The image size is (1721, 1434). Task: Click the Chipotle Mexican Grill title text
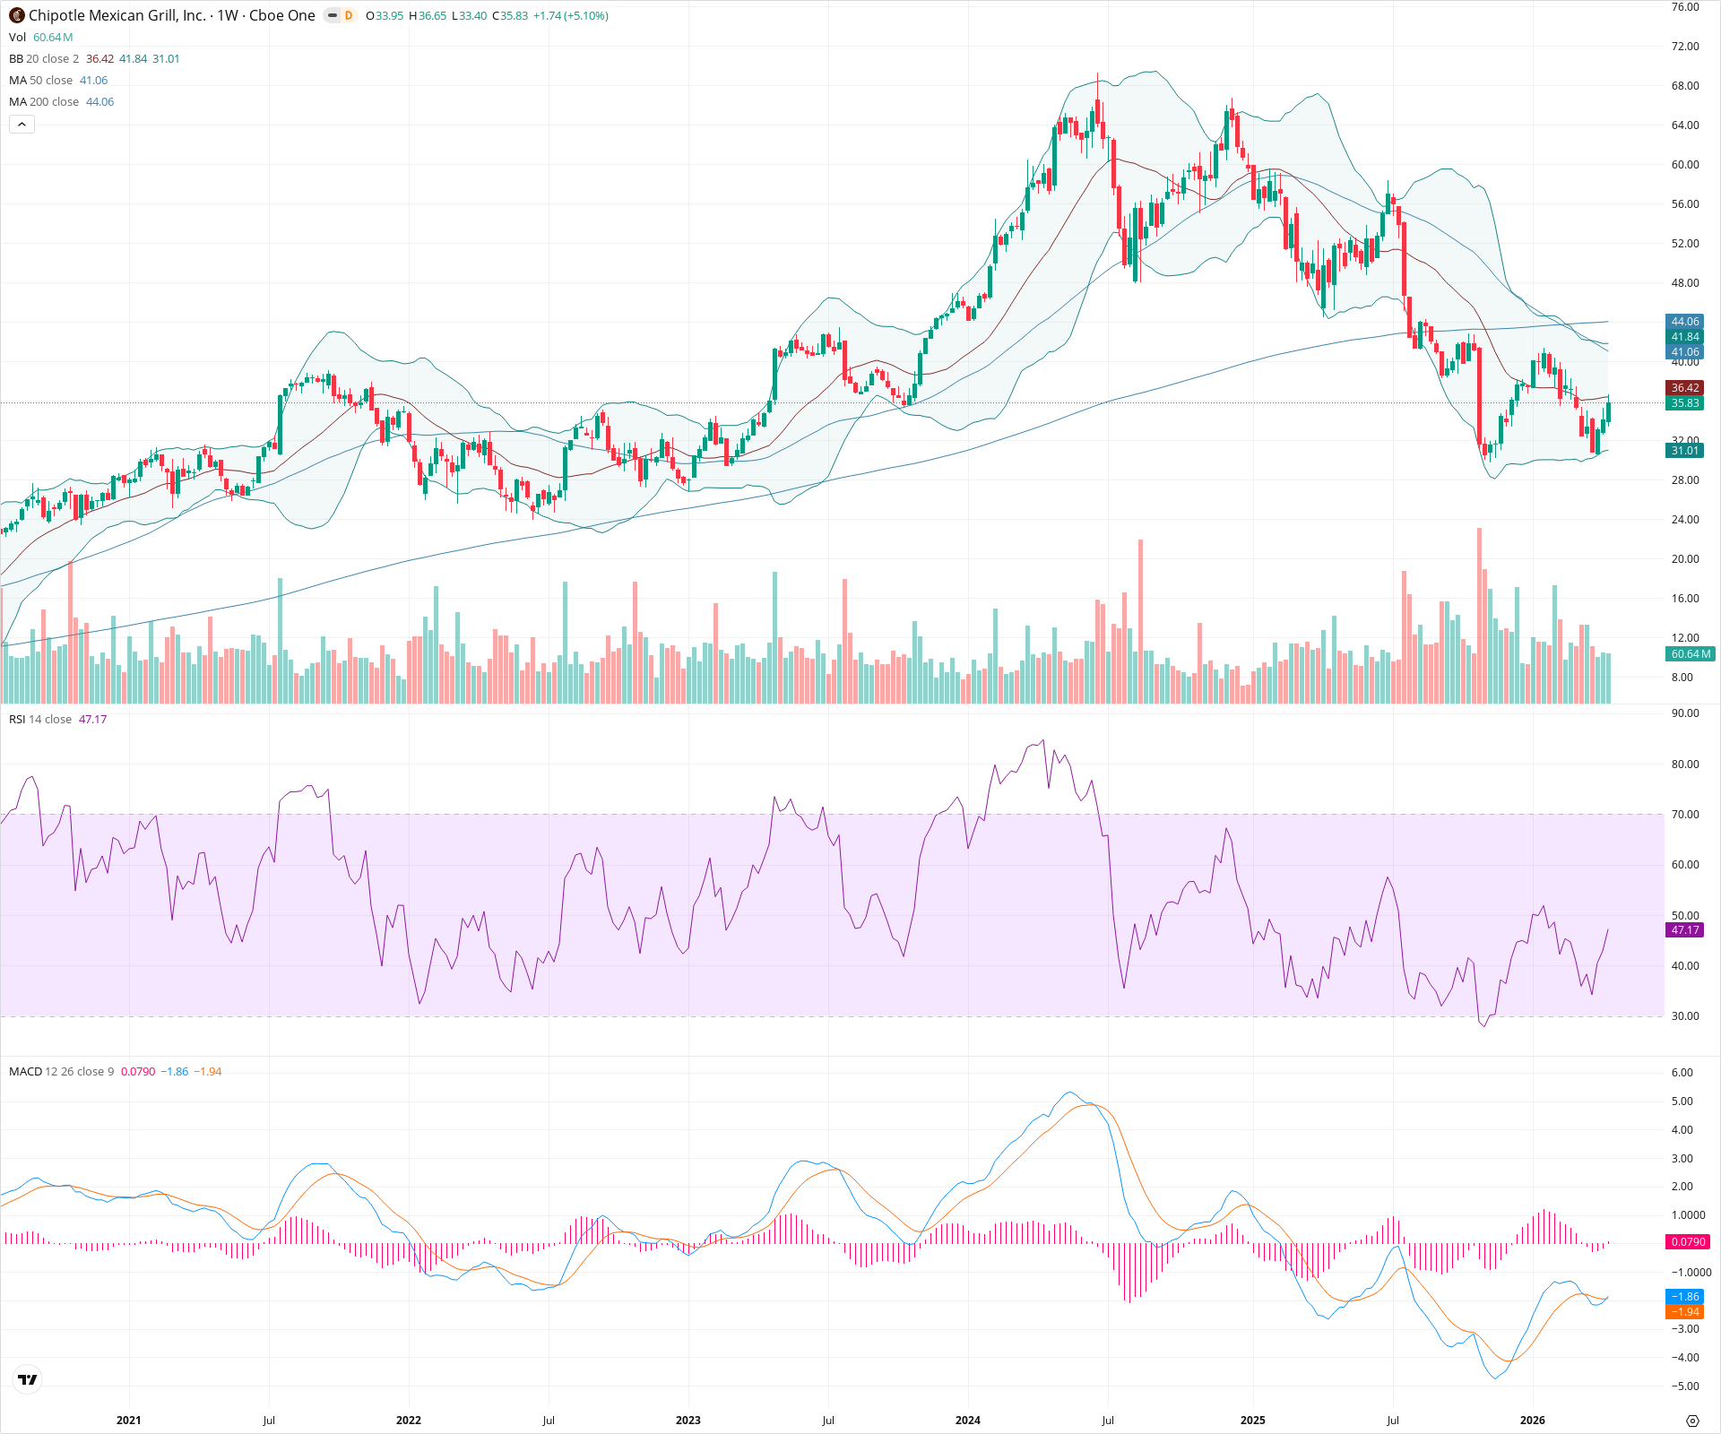(117, 15)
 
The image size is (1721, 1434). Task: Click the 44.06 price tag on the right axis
(1684, 322)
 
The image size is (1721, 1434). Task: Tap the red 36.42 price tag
(1684, 388)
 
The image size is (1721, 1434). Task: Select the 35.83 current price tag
(1684, 403)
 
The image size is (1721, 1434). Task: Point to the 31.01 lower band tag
(1684, 451)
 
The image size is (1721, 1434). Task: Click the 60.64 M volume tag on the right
(1690, 654)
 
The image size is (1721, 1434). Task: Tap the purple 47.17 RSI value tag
(1684, 930)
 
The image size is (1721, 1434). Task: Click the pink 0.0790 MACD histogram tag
(1688, 1242)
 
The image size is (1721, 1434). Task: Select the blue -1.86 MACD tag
(1684, 1297)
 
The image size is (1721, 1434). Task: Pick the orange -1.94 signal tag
(1684, 1312)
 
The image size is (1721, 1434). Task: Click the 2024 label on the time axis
(968, 1421)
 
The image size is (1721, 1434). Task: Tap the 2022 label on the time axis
(409, 1421)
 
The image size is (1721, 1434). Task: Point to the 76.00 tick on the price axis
(1685, 7)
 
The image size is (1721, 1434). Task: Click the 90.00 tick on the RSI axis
(1685, 713)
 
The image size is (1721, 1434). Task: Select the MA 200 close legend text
(45, 102)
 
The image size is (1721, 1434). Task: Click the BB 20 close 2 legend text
(44, 59)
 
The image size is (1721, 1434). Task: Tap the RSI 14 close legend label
(40, 720)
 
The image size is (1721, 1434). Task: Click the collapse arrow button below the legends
(22, 125)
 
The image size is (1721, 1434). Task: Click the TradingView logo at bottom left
(28, 1379)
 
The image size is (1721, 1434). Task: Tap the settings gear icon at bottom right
(1692, 1421)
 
